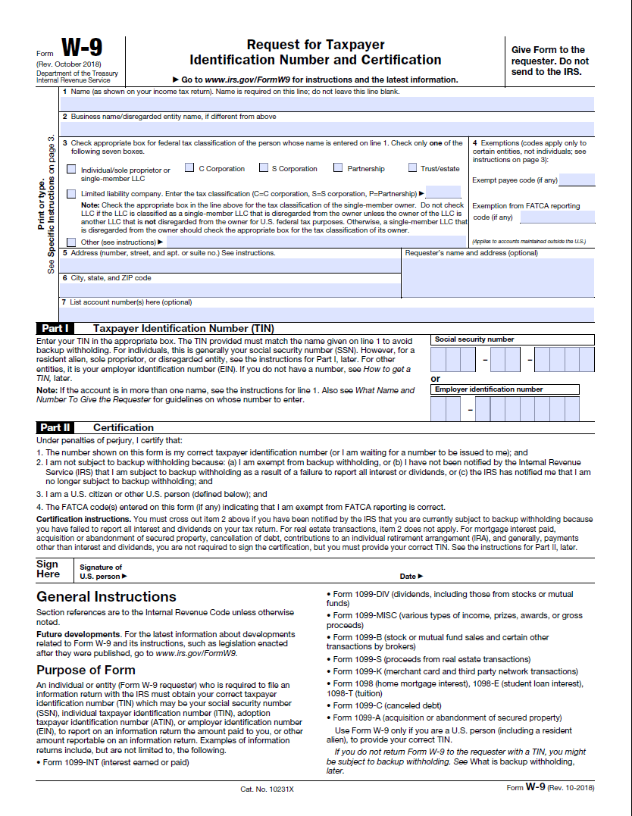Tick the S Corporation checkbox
coord(263,168)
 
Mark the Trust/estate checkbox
coord(413,168)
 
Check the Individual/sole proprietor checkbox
coord(71,170)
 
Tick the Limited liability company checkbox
coord(71,194)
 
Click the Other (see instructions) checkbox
coord(71,242)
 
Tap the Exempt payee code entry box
coord(577,180)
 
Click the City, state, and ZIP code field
coord(230,290)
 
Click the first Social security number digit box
coord(437,358)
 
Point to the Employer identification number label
coord(489,389)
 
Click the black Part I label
coord(55,329)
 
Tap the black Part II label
coord(57,427)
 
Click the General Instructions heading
coord(106,596)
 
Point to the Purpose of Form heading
coord(86,670)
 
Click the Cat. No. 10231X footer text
coord(267,789)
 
